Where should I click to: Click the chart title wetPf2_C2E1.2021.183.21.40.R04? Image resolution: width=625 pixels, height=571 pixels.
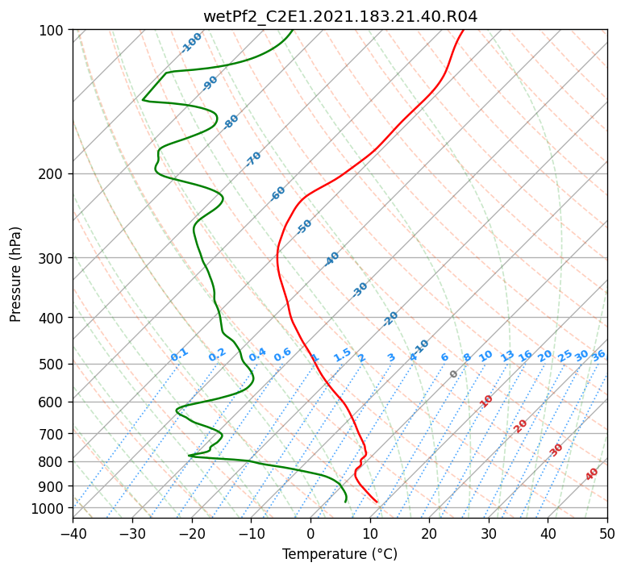point(340,16)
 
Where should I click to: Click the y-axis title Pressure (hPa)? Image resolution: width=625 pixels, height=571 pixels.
point(15,274)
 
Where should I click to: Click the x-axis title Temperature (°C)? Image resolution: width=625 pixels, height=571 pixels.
point(340,554)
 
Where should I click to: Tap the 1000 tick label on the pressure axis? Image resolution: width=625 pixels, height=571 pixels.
point(51,509)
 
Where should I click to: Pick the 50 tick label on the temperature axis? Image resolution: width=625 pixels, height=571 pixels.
point(607,534)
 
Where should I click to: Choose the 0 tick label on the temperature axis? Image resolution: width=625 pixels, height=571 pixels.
point(310,534)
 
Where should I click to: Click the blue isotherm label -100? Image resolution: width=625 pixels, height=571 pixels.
point(191,43)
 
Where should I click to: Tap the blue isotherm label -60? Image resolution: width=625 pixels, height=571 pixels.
point(277,194)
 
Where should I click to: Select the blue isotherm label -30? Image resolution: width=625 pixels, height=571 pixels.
point(360,290)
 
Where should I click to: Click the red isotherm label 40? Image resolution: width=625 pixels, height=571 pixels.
point(591,474)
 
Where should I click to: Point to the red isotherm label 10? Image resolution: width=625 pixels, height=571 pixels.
point(485,401)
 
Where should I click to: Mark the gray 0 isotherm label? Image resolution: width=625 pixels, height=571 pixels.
point(453,373)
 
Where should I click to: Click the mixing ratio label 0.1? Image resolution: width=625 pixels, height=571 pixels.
point(179,355)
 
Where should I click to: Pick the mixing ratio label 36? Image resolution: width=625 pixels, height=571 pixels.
point(598,356)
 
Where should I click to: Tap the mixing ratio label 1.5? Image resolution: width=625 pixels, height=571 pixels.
point(342,355)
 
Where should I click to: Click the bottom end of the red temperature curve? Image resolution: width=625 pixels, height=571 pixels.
point(377,502)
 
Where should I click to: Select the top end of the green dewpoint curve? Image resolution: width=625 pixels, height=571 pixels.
point(293,30)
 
